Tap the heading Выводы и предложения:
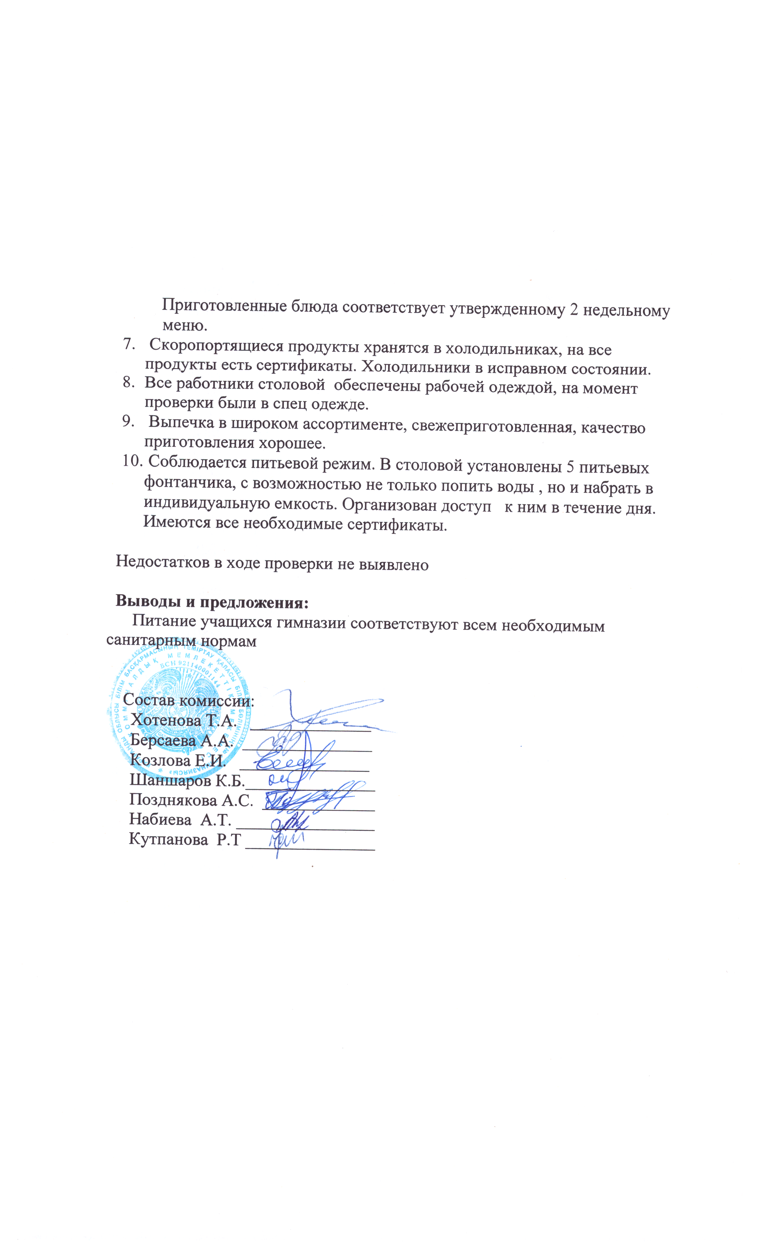click(x=212, y=602)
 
